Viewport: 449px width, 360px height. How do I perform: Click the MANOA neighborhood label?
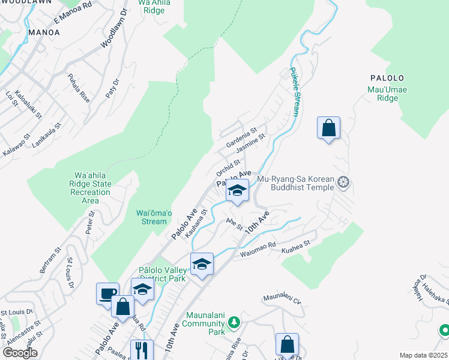pyautogui.click(x=43, y=32)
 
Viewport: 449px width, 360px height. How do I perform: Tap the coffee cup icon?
pyautogui.click(x=107, y=294)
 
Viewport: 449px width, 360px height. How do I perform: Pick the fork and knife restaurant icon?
pyautogui.click(x=142, y=350)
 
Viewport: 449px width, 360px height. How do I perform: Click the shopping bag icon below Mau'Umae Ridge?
pyautogui.click(x=328, y=128)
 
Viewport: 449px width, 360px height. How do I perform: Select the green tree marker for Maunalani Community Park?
pyautogui.click(x=233, y=323)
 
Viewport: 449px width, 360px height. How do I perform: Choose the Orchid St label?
pyautogui.click(x=229, y=166)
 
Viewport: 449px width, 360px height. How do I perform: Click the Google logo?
pyautogui.click(x=20, y=353)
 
